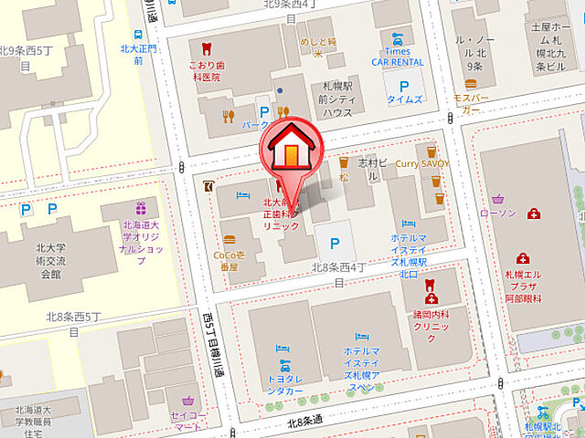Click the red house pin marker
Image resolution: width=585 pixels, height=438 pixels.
point(290,149)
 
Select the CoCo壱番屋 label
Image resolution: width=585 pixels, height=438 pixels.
point(227,261)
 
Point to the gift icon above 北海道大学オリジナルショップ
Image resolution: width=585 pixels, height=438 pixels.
point(140,208)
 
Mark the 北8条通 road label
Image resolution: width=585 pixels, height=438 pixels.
point(305,421)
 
